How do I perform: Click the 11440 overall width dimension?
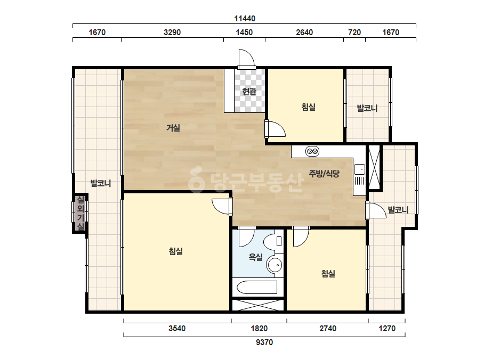(245, 19)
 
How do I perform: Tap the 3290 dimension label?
(172, 32)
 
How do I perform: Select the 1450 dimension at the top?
(244, 32)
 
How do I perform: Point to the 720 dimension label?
(354, 32)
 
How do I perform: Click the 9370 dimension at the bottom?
(264, 342)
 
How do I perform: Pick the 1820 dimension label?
(259, 329)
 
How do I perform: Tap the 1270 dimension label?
(387, 329)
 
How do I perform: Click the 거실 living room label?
(173, 128)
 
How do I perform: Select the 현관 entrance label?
(249, 91)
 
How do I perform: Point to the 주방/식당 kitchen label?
(324, 174)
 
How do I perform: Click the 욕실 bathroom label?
(255, 257)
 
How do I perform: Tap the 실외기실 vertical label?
(80, 212)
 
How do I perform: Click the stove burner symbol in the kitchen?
(312, 151)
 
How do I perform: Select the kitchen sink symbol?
(360, 169)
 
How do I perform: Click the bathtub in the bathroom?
(257, 287)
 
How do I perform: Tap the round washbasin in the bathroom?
(275, 265)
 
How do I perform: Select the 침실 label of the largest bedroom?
(176, 251)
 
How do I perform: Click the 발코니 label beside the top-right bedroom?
(367, 108)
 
